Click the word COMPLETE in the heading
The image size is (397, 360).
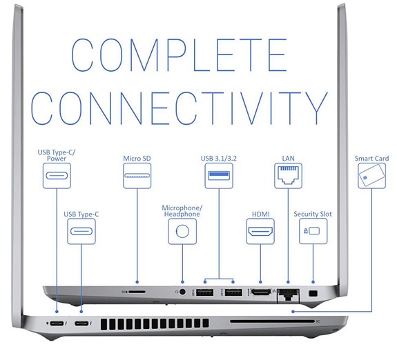tap(180, 55)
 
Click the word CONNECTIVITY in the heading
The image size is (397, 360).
tap(180, 108)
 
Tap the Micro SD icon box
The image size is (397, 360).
tap(137, 176)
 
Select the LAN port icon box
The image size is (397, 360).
tap(288, 176)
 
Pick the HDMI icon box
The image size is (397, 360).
tap(260, 232)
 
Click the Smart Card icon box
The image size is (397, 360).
tap(371, 176)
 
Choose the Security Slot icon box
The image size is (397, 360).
tap(313, 232)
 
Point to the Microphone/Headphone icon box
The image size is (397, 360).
tap(182, 232)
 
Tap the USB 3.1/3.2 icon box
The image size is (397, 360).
tap(219, 176)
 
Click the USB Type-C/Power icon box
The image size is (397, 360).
tap(57, 176)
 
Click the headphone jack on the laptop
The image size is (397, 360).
tap(182, 292)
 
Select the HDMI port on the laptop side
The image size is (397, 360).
tap(260, 292)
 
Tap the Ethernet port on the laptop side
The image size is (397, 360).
tap(288, 295)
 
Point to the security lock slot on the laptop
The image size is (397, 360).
tap(313, 294)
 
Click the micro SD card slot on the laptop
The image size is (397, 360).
tap(137, 292)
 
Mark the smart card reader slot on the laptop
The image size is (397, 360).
tap(273, 321)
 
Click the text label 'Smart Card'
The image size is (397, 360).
tap(371, 159)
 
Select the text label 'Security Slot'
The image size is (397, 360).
tap(313, 214)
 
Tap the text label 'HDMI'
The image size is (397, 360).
tap(261, 214)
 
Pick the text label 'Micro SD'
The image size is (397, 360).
tap(137, 159)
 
